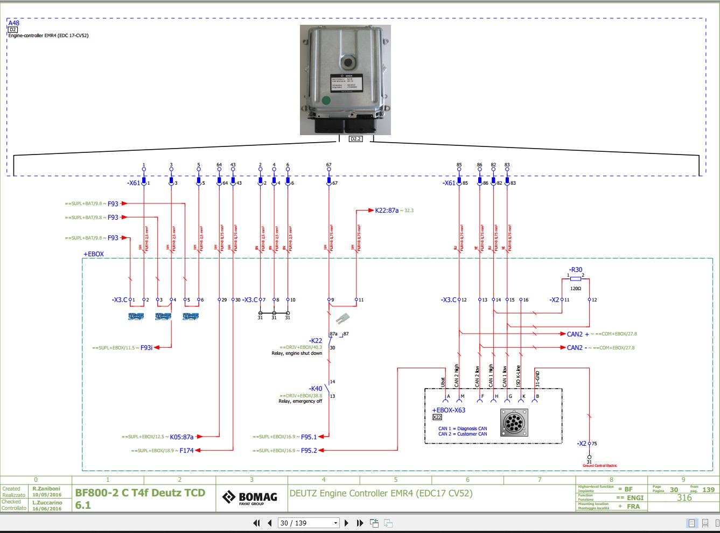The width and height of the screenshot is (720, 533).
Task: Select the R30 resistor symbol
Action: [575, 279]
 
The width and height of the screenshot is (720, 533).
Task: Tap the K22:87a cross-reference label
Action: [387, 211]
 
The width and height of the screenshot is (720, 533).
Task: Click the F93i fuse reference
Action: [146, 348]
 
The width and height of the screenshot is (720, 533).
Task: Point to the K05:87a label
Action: [181, 437]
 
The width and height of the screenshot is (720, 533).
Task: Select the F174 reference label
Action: [187, 450]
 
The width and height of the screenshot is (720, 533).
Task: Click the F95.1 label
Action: [309, 437]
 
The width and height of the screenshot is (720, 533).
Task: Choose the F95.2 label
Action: [309, 450]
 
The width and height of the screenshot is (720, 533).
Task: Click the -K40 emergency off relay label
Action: [316, 388]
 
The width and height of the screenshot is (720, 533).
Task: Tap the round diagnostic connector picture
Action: [514, 422]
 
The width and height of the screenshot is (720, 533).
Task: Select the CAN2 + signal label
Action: [577, 334]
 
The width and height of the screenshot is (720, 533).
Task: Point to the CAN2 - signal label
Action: [576, 348]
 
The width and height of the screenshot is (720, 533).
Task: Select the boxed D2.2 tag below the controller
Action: [355, 139]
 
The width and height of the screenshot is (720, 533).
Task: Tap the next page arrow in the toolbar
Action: [346, 523]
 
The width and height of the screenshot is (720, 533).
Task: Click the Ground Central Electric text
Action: [599, 466]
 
